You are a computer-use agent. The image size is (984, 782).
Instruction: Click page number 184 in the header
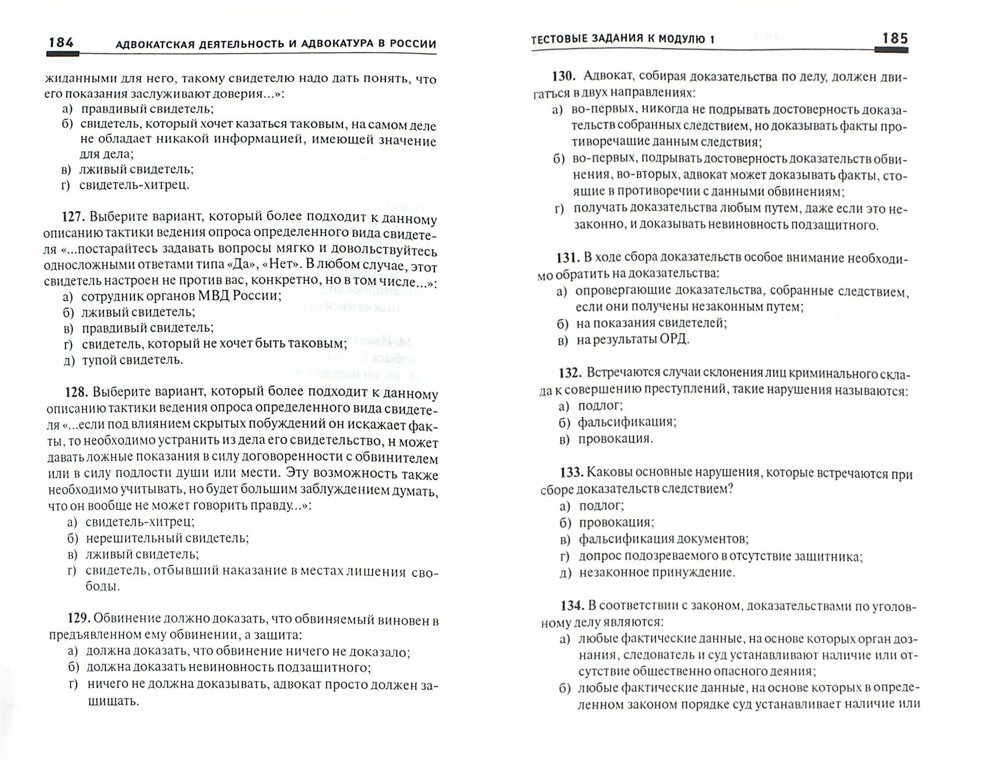[x=61, y=43]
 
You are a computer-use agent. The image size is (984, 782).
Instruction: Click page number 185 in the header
[x=894, y=38]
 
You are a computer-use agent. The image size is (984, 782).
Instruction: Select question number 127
[x=74, y=217]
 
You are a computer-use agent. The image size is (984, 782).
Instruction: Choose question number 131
[x=568, y=257]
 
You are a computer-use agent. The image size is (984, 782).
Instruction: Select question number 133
[x=571, y=473]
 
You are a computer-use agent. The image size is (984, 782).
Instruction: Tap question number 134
[x=571, y=605]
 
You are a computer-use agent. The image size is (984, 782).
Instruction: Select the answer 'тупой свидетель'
[x=133, y=360]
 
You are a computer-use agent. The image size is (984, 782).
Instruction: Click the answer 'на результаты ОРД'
[x=633, y=339]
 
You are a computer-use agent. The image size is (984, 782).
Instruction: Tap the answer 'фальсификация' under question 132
[x=627, y=422]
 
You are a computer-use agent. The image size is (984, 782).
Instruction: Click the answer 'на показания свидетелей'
[x=651, y=323]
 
